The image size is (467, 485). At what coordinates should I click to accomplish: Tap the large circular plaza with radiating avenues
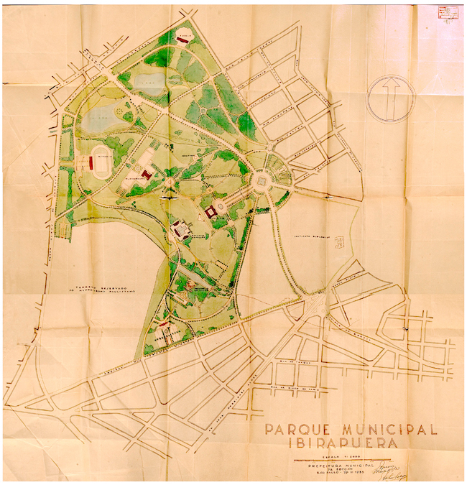[264, 177]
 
